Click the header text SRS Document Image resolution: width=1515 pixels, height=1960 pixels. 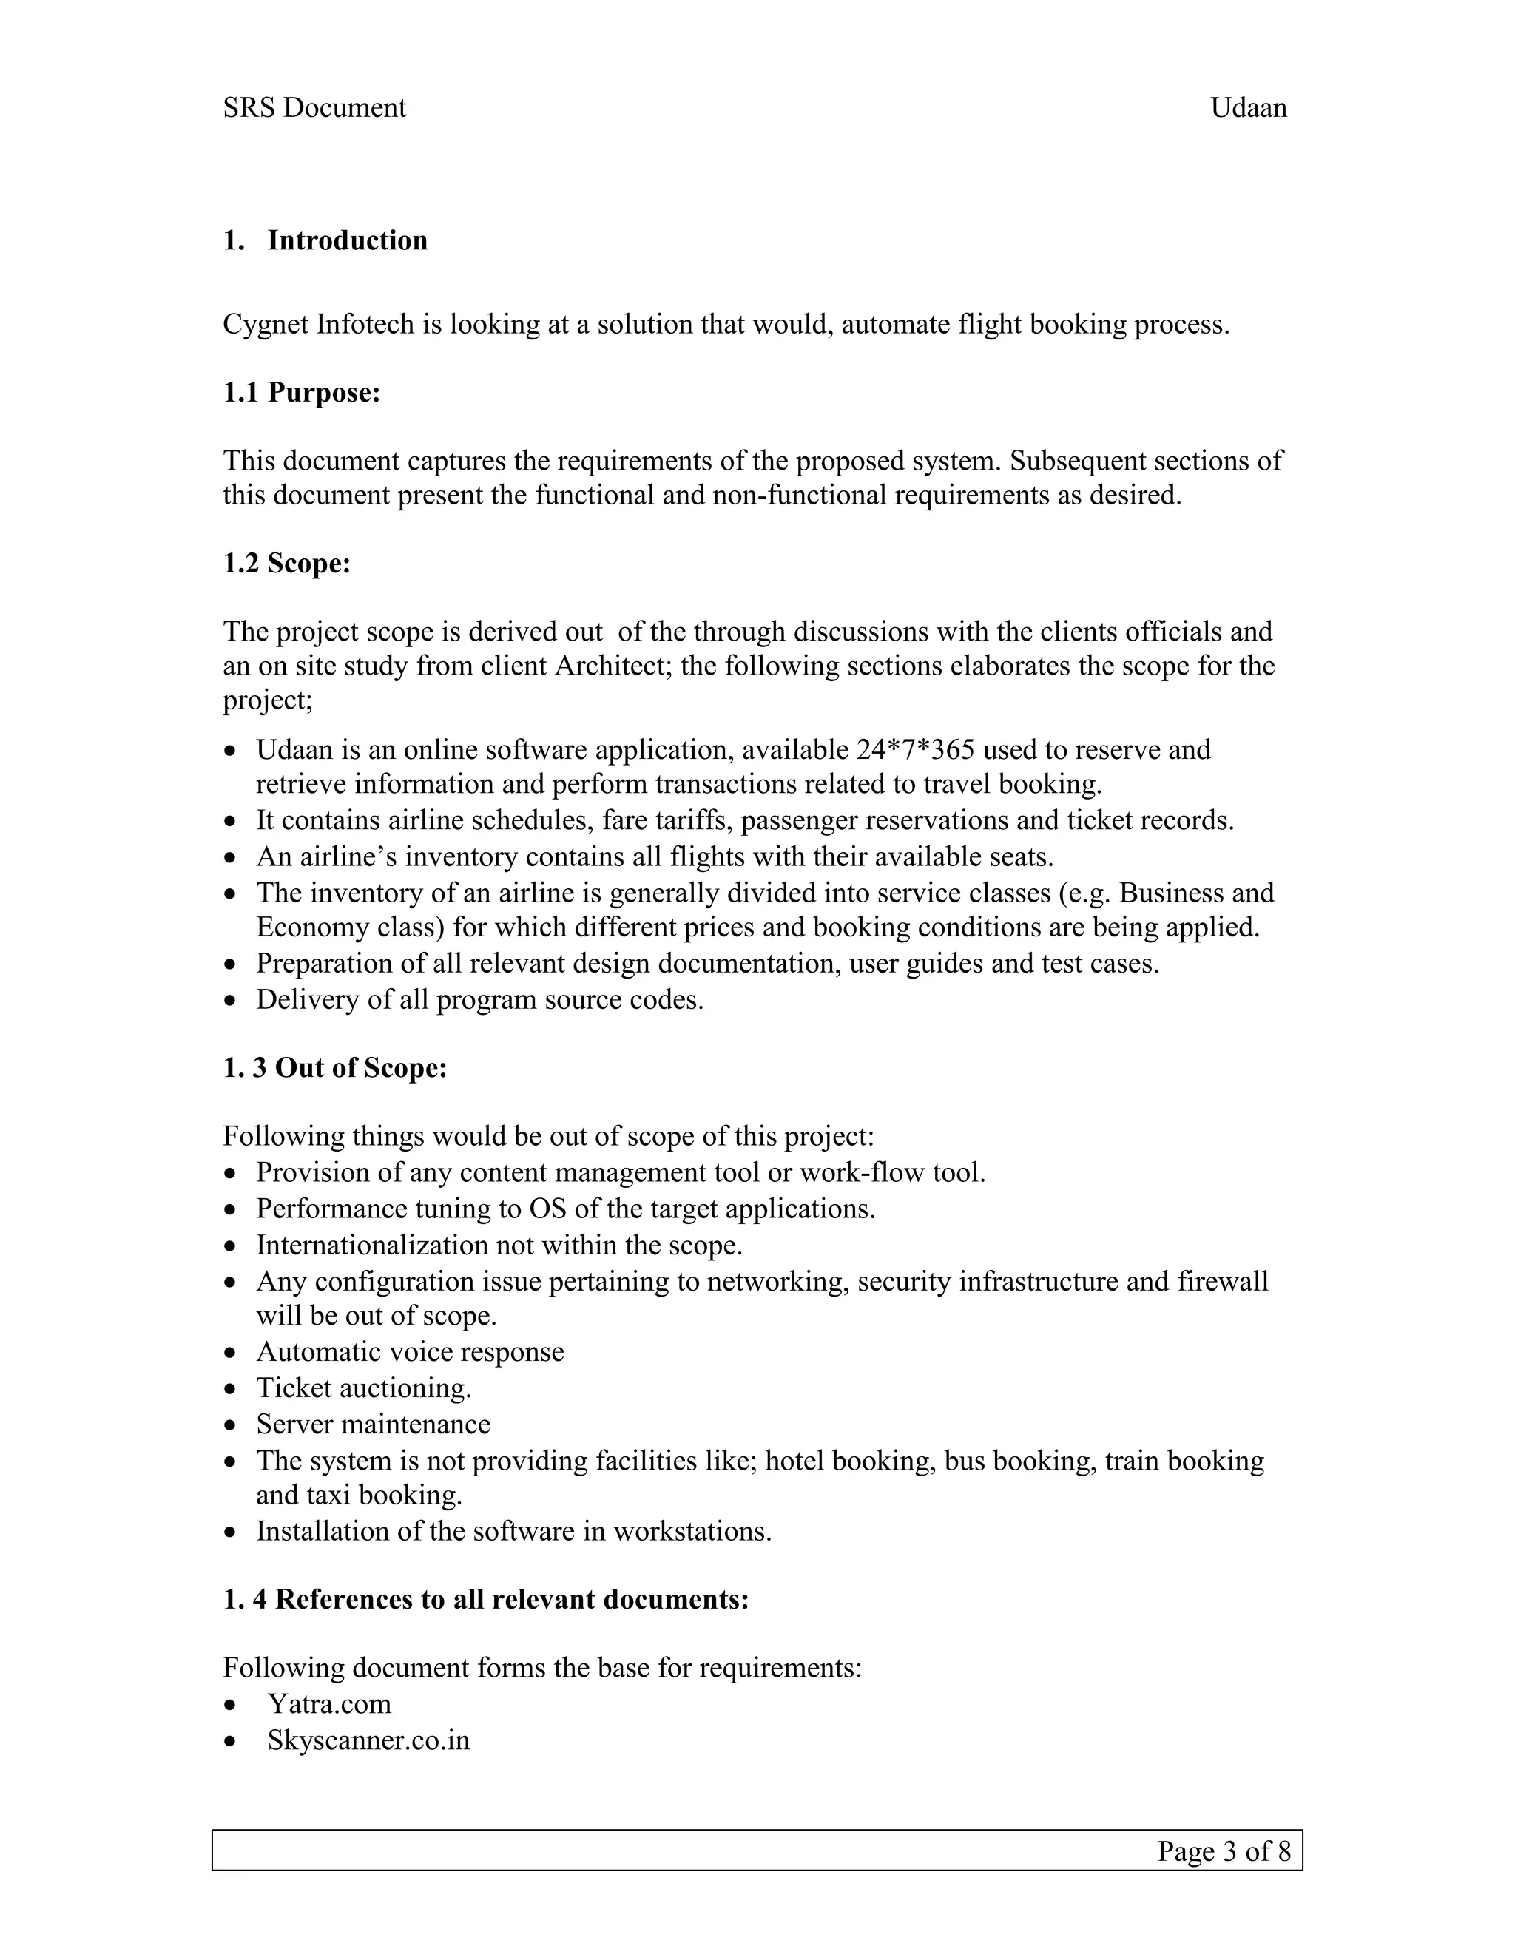(314, 108)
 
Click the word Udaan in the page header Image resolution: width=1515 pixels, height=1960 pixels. (1249, 108)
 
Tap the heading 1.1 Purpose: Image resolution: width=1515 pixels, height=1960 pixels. (302, 393)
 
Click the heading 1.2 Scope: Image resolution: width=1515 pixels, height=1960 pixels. (286, 564)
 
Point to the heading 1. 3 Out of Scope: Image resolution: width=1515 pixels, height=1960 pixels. (335, 1068)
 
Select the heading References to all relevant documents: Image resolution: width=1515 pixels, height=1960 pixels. (512, 1599)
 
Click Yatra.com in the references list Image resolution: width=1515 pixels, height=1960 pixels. (328, 1704)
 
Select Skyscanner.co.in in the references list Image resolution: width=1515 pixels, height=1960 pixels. (368, 1740)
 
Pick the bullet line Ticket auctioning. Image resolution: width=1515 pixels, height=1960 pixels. (363, 1388)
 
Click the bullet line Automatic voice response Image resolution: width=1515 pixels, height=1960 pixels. (410, 1351)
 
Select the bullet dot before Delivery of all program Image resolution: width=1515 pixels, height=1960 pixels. (232, 1001)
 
